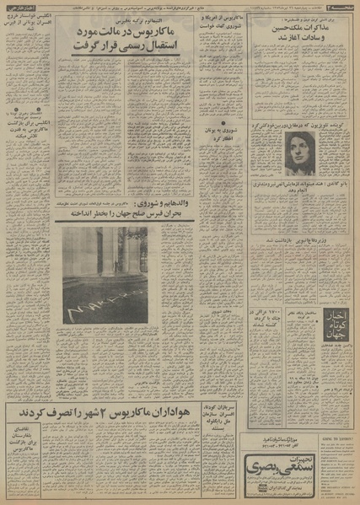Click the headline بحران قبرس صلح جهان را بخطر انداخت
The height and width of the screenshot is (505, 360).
124,215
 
